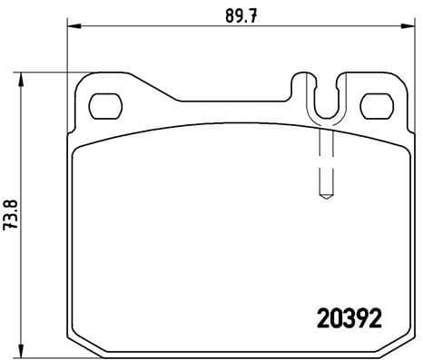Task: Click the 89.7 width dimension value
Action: coord(234,14)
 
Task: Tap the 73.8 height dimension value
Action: coord(12,214)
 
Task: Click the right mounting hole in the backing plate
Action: coord(374,105)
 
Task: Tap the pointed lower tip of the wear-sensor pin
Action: coord(324,196)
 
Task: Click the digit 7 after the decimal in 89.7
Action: coord(247,14)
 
